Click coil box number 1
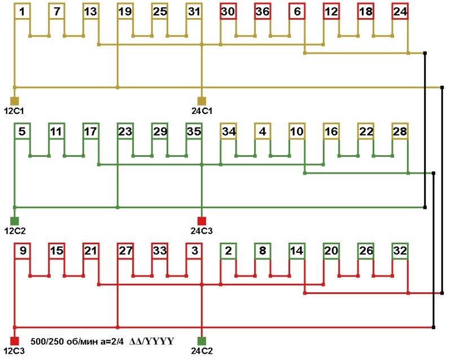(x=21, y=11)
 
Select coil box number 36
(x=262, y=11)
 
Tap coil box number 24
(x=400, y=11)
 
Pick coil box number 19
(x=125, y=11)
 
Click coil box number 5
(x=21, y=131)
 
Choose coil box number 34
(x=228, y=131)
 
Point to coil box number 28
(x=400, y=131)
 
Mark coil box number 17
(x=90, y=131)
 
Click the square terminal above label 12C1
(x=15, y=100)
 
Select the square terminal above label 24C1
(x=202, y=100)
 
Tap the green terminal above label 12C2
(x=15, y=221)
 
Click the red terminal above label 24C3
(x=202, y=221)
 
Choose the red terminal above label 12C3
(x=15, y=341)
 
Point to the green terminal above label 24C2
(x=202, y=341)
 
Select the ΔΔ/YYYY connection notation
(x=151, y=341)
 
